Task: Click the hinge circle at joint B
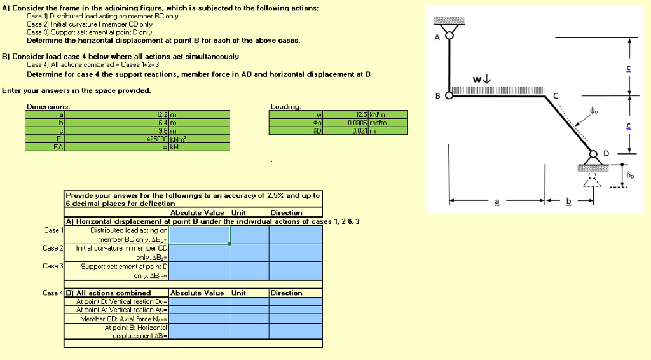pos(449,96)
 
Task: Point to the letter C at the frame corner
pos(558,96)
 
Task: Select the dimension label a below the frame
pos(497,202)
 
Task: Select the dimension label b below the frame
pos(569,202)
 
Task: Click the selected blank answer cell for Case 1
pos(200,235)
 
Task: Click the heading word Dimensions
pos(48,106)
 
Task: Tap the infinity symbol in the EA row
pos(164,146)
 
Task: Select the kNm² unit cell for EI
pos(177,138)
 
